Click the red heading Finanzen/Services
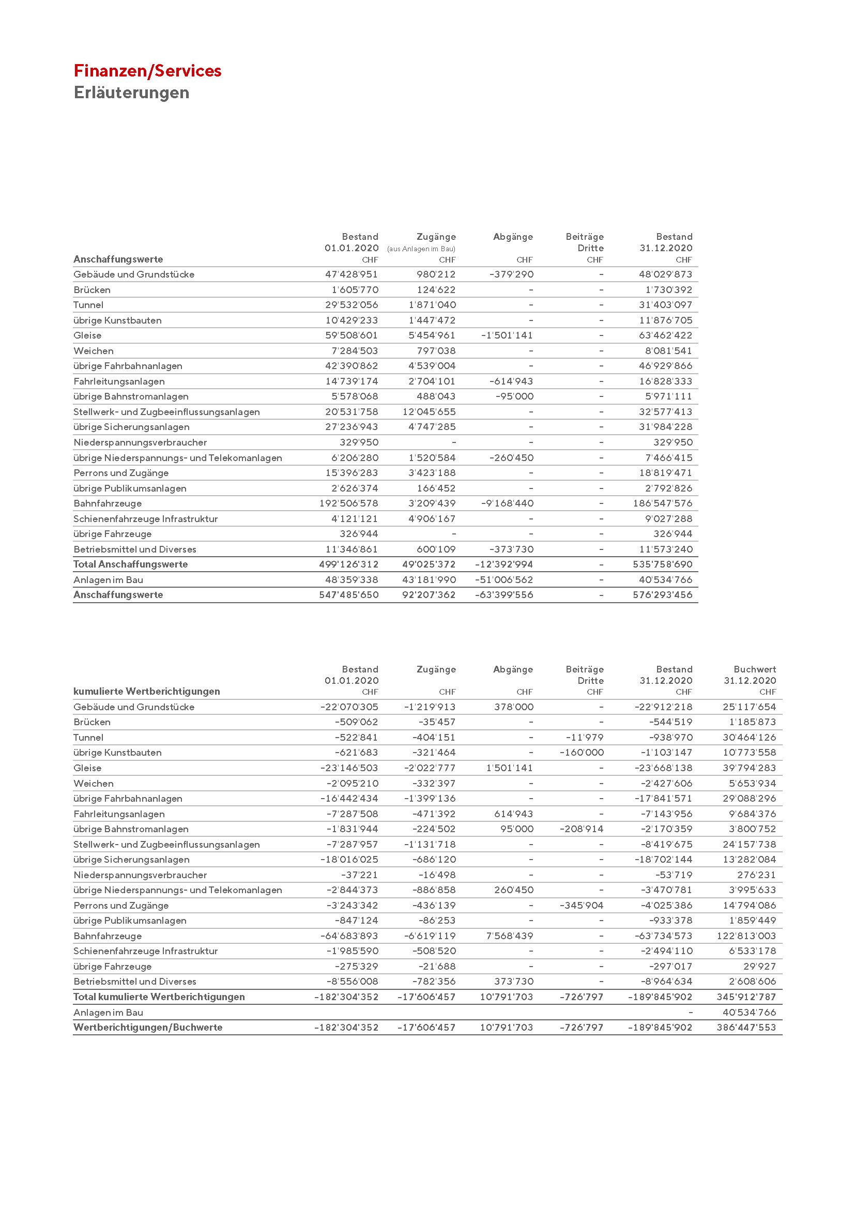tap(147, 71)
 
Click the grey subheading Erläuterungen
tap(131, 93)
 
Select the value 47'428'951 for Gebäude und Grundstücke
tap(351, 274)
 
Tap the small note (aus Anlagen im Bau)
tap(421, 249)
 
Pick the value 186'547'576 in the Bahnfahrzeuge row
tap(662, 503)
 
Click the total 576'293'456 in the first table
tap(662, 595)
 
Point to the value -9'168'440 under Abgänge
tap(507, 503)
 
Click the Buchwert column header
tap(754, 669)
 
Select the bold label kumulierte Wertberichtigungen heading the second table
tap(146, 692)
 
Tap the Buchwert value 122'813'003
tap(746, 936)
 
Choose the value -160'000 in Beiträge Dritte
tap(581, 753)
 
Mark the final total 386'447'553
tap(746, 1028)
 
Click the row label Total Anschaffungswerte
tap(130, 564)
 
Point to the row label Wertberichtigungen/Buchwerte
tap(147, 1028)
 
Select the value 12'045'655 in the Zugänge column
tap(429, 412)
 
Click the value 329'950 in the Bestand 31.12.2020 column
tap(673, 442)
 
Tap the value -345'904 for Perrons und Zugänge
tap(581, 905)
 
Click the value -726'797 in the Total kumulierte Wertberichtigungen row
tap(581, 997)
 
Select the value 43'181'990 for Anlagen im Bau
tap(429, 580)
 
